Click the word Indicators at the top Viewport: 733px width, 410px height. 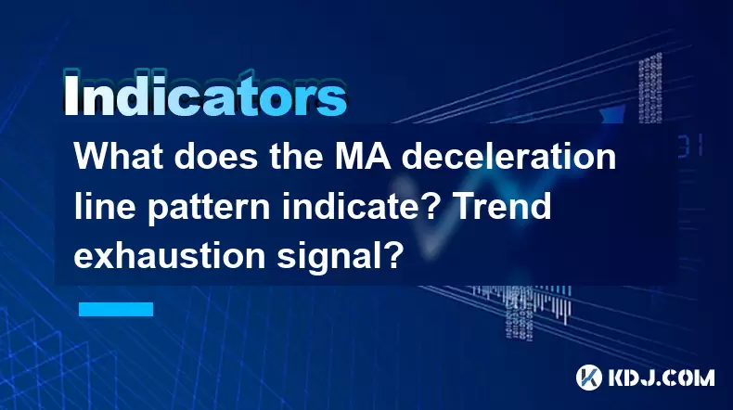(205, 94)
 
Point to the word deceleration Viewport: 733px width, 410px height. (508, 157)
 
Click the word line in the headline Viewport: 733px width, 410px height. (105, 206)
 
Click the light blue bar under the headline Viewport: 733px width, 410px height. (116, 309)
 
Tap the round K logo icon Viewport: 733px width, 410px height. (589, 378)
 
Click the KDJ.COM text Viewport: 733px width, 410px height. (662, 378)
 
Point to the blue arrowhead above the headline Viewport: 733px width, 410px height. (612, 113)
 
